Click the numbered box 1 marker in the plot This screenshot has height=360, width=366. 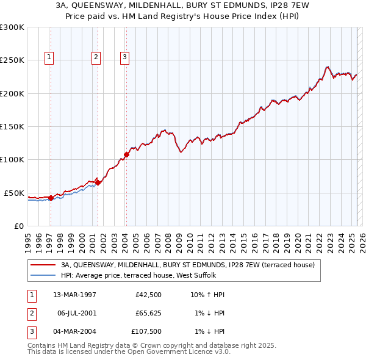49,58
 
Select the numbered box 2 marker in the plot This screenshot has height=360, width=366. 96,58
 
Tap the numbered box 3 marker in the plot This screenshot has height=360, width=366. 124,58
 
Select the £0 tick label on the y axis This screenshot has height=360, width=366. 18,226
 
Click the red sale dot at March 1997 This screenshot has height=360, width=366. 51,197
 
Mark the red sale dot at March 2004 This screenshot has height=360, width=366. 126,154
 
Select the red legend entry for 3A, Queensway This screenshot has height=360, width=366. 188,265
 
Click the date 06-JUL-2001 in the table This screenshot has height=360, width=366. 76,313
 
